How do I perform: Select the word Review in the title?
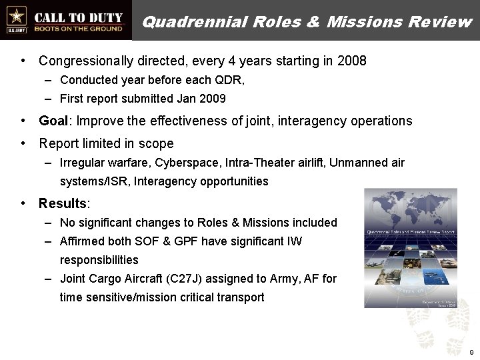[441, 21]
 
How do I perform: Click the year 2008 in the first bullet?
[352, 61]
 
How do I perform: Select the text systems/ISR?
[89, 181]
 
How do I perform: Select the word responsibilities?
[99, 260]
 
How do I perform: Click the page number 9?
[471, 351]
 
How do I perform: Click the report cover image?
[410, 248]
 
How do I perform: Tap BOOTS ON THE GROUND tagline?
[79, 29]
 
